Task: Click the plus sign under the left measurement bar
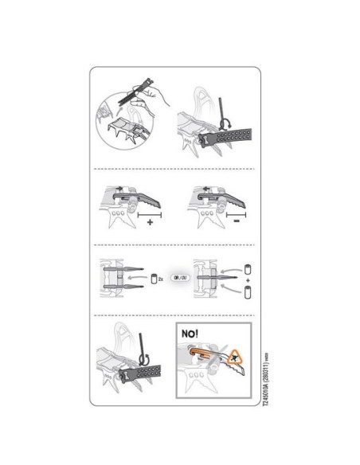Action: click(149, 224)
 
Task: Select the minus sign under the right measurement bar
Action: click(237, 224)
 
